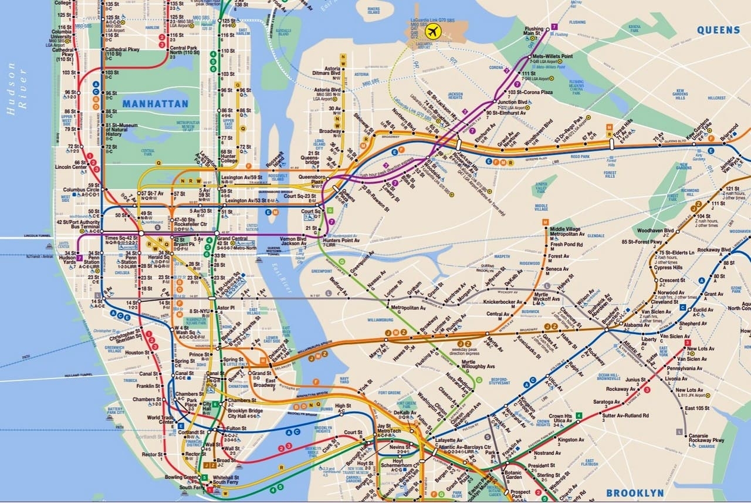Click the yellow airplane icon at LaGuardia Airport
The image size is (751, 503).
[434, 31]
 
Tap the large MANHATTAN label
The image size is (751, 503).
[155, 104]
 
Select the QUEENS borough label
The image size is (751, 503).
[718, 30]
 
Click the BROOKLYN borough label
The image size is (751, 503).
[635, 493]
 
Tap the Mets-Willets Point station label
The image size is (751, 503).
[552, 56]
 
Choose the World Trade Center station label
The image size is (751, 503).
[161, 420]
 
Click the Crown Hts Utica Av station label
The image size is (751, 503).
[560, 419]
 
